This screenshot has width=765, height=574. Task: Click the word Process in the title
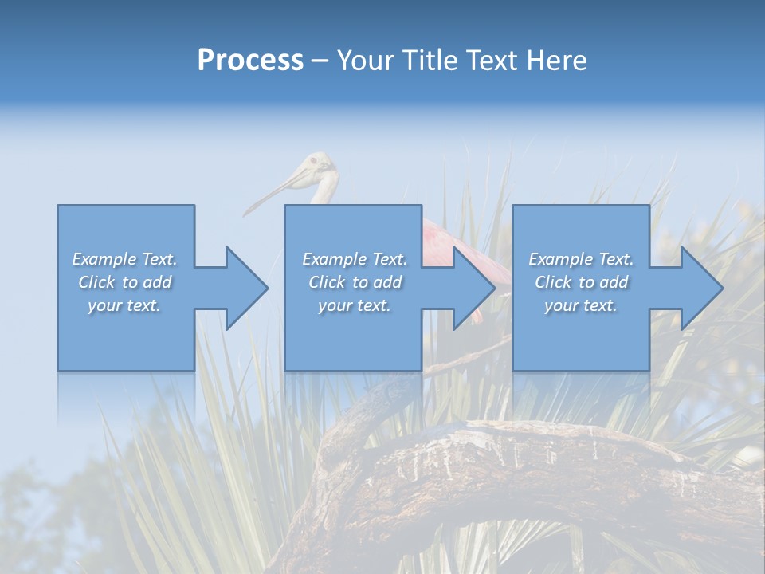250,61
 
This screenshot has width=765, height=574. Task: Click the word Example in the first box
104,259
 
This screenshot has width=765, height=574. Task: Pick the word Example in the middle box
335,259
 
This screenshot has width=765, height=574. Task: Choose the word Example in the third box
561,259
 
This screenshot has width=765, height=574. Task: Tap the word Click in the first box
96,282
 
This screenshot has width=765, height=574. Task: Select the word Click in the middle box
327,282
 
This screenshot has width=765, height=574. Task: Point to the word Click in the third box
553,282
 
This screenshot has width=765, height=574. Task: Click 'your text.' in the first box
124,305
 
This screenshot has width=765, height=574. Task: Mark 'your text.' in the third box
581,305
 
